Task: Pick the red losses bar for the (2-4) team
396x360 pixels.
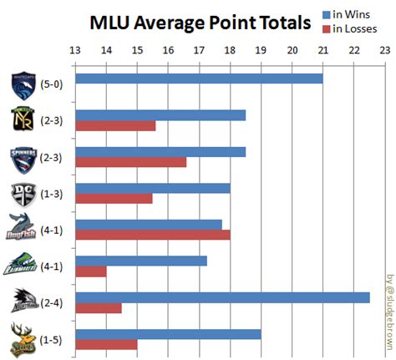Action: (99, 307)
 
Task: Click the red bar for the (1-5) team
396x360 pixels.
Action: (106, 344)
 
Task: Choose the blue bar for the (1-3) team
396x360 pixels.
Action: (153, 188)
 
